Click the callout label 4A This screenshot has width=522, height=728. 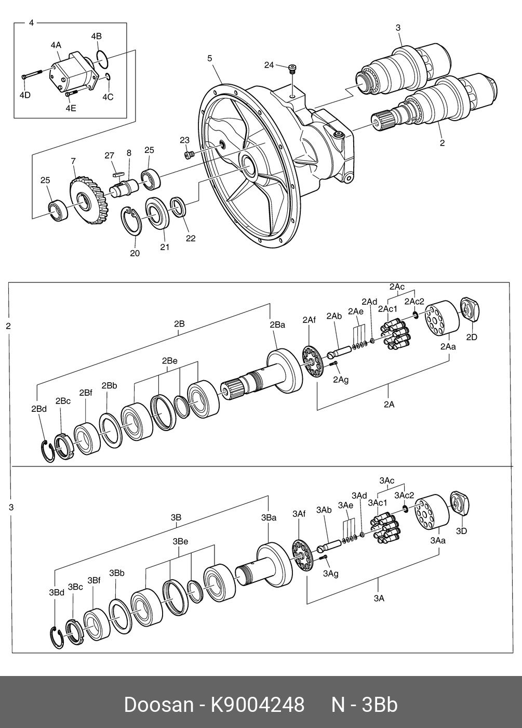tap(56, 45)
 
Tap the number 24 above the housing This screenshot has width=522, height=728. tap(269, 65)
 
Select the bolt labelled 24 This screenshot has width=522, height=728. tap(293, 69)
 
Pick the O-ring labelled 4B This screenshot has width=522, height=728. tap(102, 59)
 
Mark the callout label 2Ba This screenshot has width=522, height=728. tap(277, 325)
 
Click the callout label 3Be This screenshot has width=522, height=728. tap(180, 541)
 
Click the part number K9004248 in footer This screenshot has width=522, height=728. tap(257, 705)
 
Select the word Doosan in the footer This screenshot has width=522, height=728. tap(158, 705)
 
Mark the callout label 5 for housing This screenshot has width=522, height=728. tap(210, 58)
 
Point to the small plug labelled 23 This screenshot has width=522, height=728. tap(190, 154)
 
